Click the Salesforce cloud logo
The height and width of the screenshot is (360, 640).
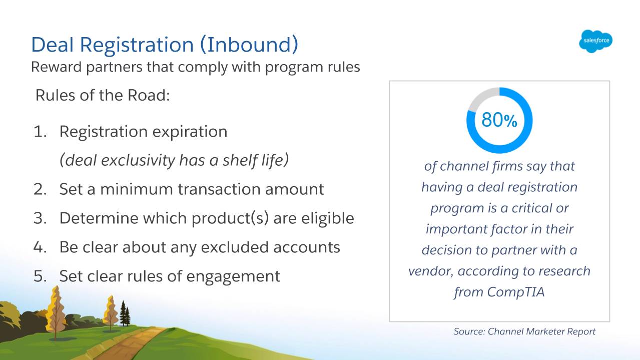(595, 41)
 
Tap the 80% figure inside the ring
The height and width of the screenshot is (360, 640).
(499, 120)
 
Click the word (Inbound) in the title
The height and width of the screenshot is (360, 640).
(249, 45)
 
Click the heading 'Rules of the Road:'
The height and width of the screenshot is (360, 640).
(103, 95)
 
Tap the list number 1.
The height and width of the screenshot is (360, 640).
(40, 132)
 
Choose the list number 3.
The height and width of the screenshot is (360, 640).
(40, 218)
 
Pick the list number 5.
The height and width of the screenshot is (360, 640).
(40, 276)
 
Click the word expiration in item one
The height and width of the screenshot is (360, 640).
(190, 132)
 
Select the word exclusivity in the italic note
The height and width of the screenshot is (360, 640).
(138, 160)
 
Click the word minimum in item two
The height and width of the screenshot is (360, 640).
(137, 189)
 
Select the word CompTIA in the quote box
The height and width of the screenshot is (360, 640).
(516, 292)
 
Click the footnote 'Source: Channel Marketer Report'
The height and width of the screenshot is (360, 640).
(524, 331)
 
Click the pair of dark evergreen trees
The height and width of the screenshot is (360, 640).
(125, 313)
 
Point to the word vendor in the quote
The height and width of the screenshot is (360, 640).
(430, 271)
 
